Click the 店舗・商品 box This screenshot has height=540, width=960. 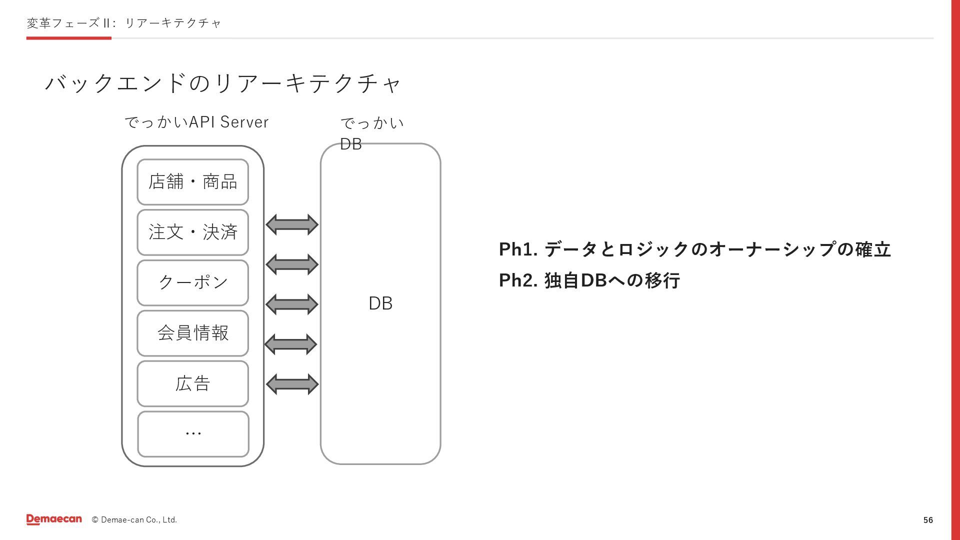click(x=192, y=182)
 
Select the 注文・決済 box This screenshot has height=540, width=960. click(x=192, y=232)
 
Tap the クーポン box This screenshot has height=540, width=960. click(x=192, y=282)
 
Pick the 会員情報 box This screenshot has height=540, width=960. click(x=192, y=333)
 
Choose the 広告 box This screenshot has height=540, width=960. click(x=192, y=383)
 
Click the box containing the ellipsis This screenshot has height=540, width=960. click(x=193, y=434)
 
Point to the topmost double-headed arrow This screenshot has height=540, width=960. click(x=292, y=225)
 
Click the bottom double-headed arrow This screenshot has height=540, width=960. click(x=292, y=384)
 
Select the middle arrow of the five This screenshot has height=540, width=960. click(x=292, y=304)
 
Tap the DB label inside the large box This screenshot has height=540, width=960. click(x=380, y=303)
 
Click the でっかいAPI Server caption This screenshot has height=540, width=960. click(x=196, y=122)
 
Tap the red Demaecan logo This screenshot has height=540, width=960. click(x=54, y=519)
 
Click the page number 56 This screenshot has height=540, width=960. click(x=928, y=520)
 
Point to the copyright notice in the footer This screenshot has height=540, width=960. click(x=134, y=520)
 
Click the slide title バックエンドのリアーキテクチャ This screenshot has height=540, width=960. click(x=223, y=83)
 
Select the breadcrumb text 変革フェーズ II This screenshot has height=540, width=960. click(x=69, y=23)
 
